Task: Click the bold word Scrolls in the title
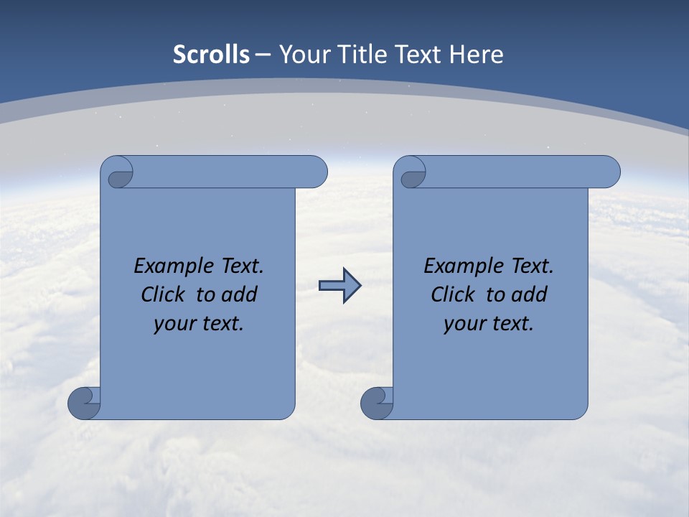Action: [x=212, y=55]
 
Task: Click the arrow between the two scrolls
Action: [x=339, y=286]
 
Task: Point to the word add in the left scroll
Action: [x=239, y=294]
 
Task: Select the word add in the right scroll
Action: [x=529, y=294]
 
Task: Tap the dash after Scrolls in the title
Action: [x=263, y=55]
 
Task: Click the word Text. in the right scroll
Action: [x=533, y=266]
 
